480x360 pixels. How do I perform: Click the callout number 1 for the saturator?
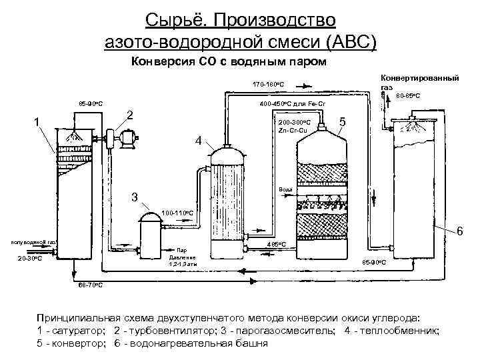(x=37, y=121)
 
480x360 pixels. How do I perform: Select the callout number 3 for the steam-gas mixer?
(x=135, y=197)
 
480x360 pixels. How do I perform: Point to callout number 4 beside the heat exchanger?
(x=198, y=141)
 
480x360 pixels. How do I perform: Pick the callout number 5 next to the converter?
(x=341, y=123)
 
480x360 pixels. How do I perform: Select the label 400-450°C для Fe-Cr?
(x=293, y=104)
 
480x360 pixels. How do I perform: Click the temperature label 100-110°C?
(x=177, y=213)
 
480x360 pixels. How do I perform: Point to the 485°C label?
(x=276, y=245)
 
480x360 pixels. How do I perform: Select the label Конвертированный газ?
(x=419, y=82)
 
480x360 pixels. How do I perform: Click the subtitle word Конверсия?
(x=162, y=63)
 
